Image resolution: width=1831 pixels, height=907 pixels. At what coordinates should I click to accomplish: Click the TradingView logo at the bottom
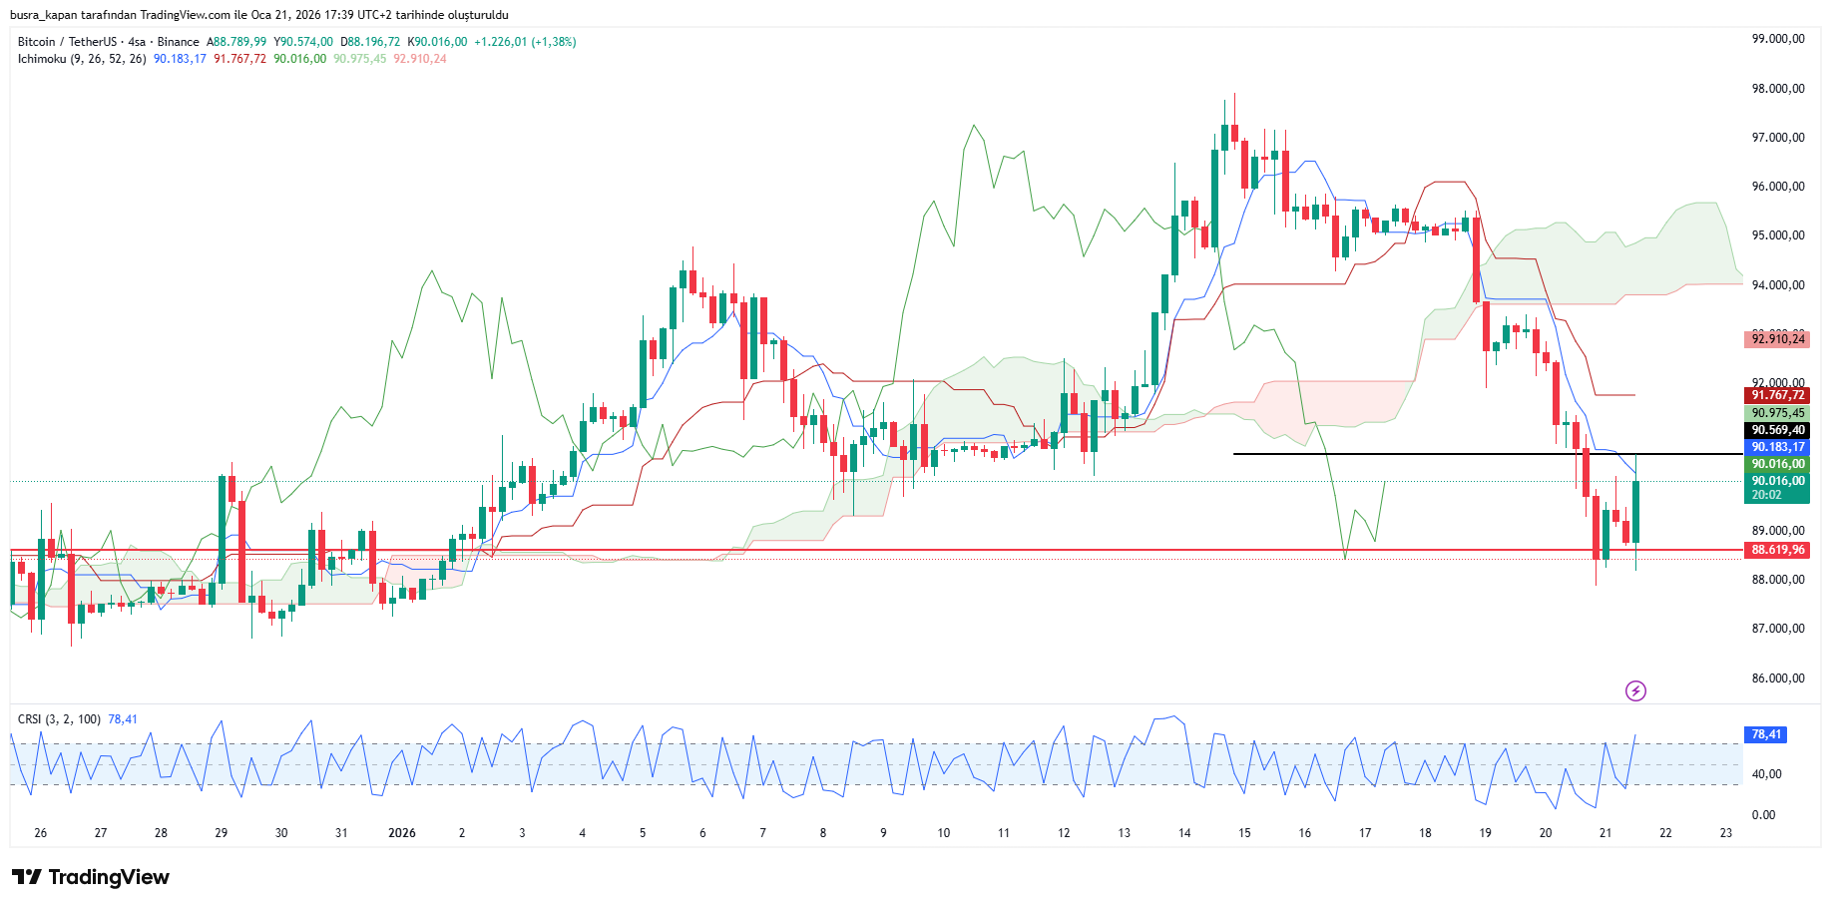91,877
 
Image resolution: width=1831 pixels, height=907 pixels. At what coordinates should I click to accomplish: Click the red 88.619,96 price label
1777,550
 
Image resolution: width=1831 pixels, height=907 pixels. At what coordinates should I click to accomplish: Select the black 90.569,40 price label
1777,430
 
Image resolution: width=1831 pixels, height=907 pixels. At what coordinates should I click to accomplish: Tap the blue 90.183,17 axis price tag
1777,447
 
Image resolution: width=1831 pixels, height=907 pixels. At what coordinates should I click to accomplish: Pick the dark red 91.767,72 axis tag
1777,395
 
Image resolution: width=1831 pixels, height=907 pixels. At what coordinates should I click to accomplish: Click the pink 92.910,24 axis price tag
1777,339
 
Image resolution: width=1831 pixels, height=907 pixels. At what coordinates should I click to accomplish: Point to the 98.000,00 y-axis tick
1777,89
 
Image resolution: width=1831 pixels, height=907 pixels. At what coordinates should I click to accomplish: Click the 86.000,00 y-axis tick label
1777,679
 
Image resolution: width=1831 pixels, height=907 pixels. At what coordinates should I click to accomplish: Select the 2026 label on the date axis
402,833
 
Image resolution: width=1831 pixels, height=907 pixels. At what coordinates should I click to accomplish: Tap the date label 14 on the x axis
1184,833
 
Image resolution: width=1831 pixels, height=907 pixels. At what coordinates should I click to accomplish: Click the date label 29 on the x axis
222,833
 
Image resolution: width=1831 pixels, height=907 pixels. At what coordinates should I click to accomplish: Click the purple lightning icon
1635,690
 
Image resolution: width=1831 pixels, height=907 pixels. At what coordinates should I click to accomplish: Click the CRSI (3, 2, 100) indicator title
59,719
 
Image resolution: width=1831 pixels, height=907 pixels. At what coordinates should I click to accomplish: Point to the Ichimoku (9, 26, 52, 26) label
82,59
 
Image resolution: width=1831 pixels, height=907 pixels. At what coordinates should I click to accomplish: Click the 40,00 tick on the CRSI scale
1766,774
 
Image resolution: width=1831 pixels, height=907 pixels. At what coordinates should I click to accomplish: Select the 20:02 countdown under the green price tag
1766,495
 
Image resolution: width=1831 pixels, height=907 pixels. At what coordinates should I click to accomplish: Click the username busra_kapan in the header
49,15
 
